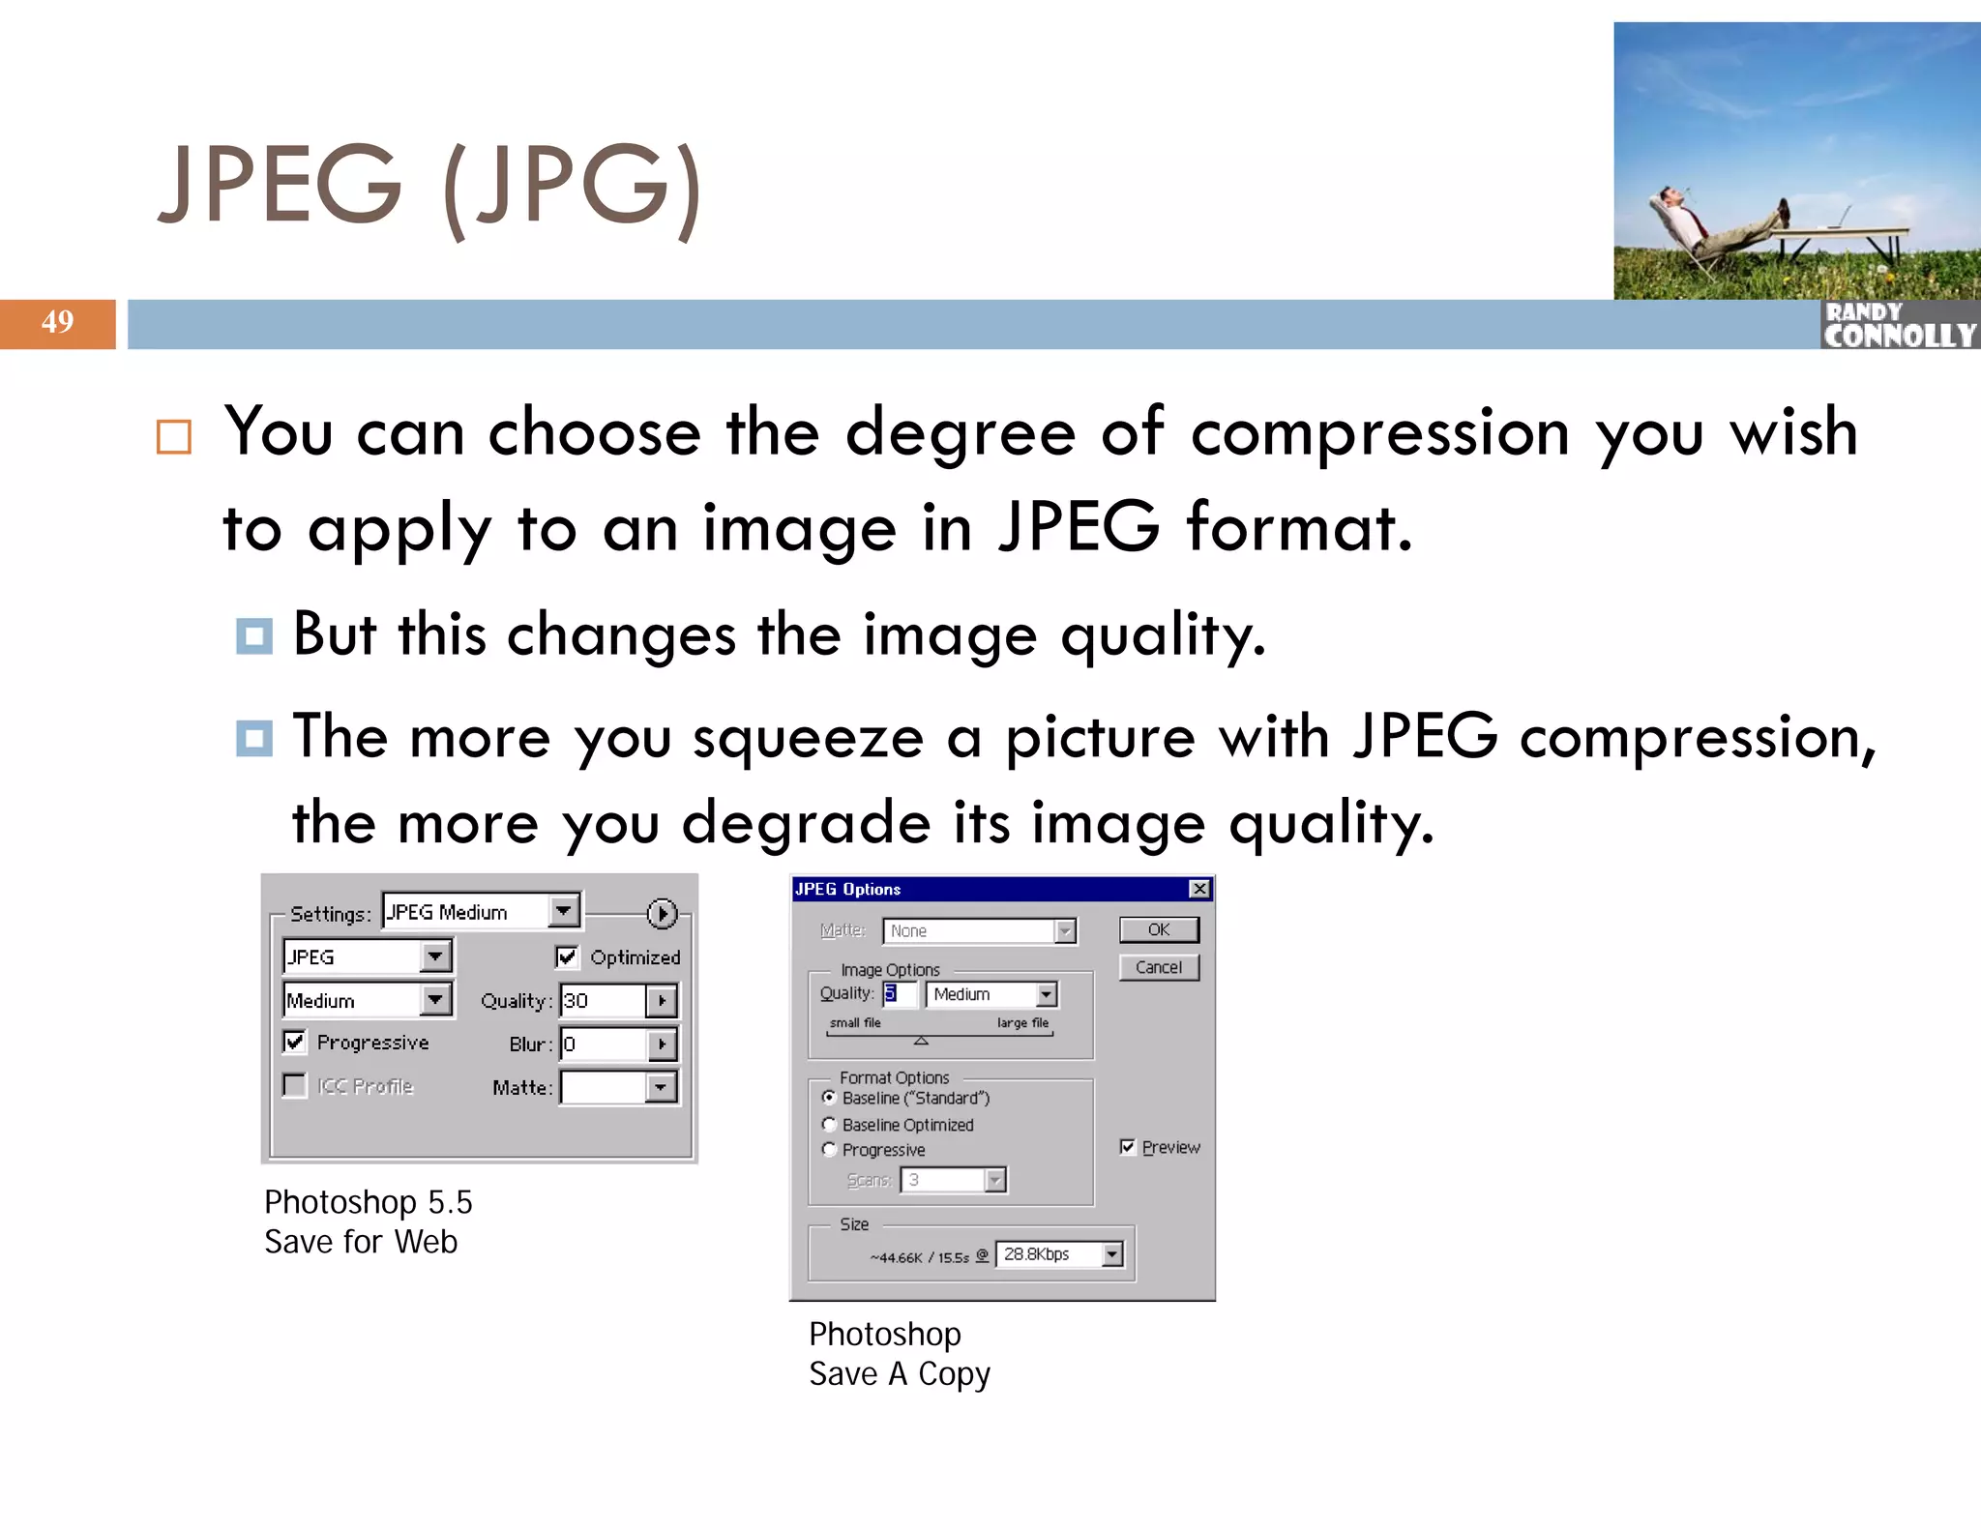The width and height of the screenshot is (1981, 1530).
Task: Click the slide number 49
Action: pos(57,322)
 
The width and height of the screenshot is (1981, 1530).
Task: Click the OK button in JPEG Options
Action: pos(1158,929)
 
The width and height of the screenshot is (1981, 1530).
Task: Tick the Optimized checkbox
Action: pos(567,956)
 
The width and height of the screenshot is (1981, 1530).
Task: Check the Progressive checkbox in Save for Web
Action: pos(295,1042)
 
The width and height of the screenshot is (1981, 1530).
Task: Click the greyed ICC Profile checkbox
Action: pos(295,1085)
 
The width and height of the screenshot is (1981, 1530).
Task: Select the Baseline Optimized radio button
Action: pos(829,1124)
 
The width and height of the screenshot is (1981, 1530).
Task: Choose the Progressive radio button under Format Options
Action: pos(829,1149)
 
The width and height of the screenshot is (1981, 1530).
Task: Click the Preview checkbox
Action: pos(1127,1147)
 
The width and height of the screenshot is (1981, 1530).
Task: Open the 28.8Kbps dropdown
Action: pos(1112,1254)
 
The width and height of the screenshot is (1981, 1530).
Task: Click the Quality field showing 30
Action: pos(602,1000)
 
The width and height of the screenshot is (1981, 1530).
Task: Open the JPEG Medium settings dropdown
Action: pos(563,911)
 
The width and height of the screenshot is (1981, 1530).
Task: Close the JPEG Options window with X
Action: pos(1198,889)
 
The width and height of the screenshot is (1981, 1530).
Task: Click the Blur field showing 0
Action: pos(602,1044)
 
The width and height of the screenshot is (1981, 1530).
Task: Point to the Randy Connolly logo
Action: pos(1898,326)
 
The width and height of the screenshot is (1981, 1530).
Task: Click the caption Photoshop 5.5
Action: pos(368,1202)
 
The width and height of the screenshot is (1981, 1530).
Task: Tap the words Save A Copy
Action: pos(899,1374)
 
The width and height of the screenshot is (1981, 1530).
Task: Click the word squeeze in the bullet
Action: pos(808,738)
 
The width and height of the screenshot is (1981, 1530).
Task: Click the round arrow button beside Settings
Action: pos(662,913)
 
